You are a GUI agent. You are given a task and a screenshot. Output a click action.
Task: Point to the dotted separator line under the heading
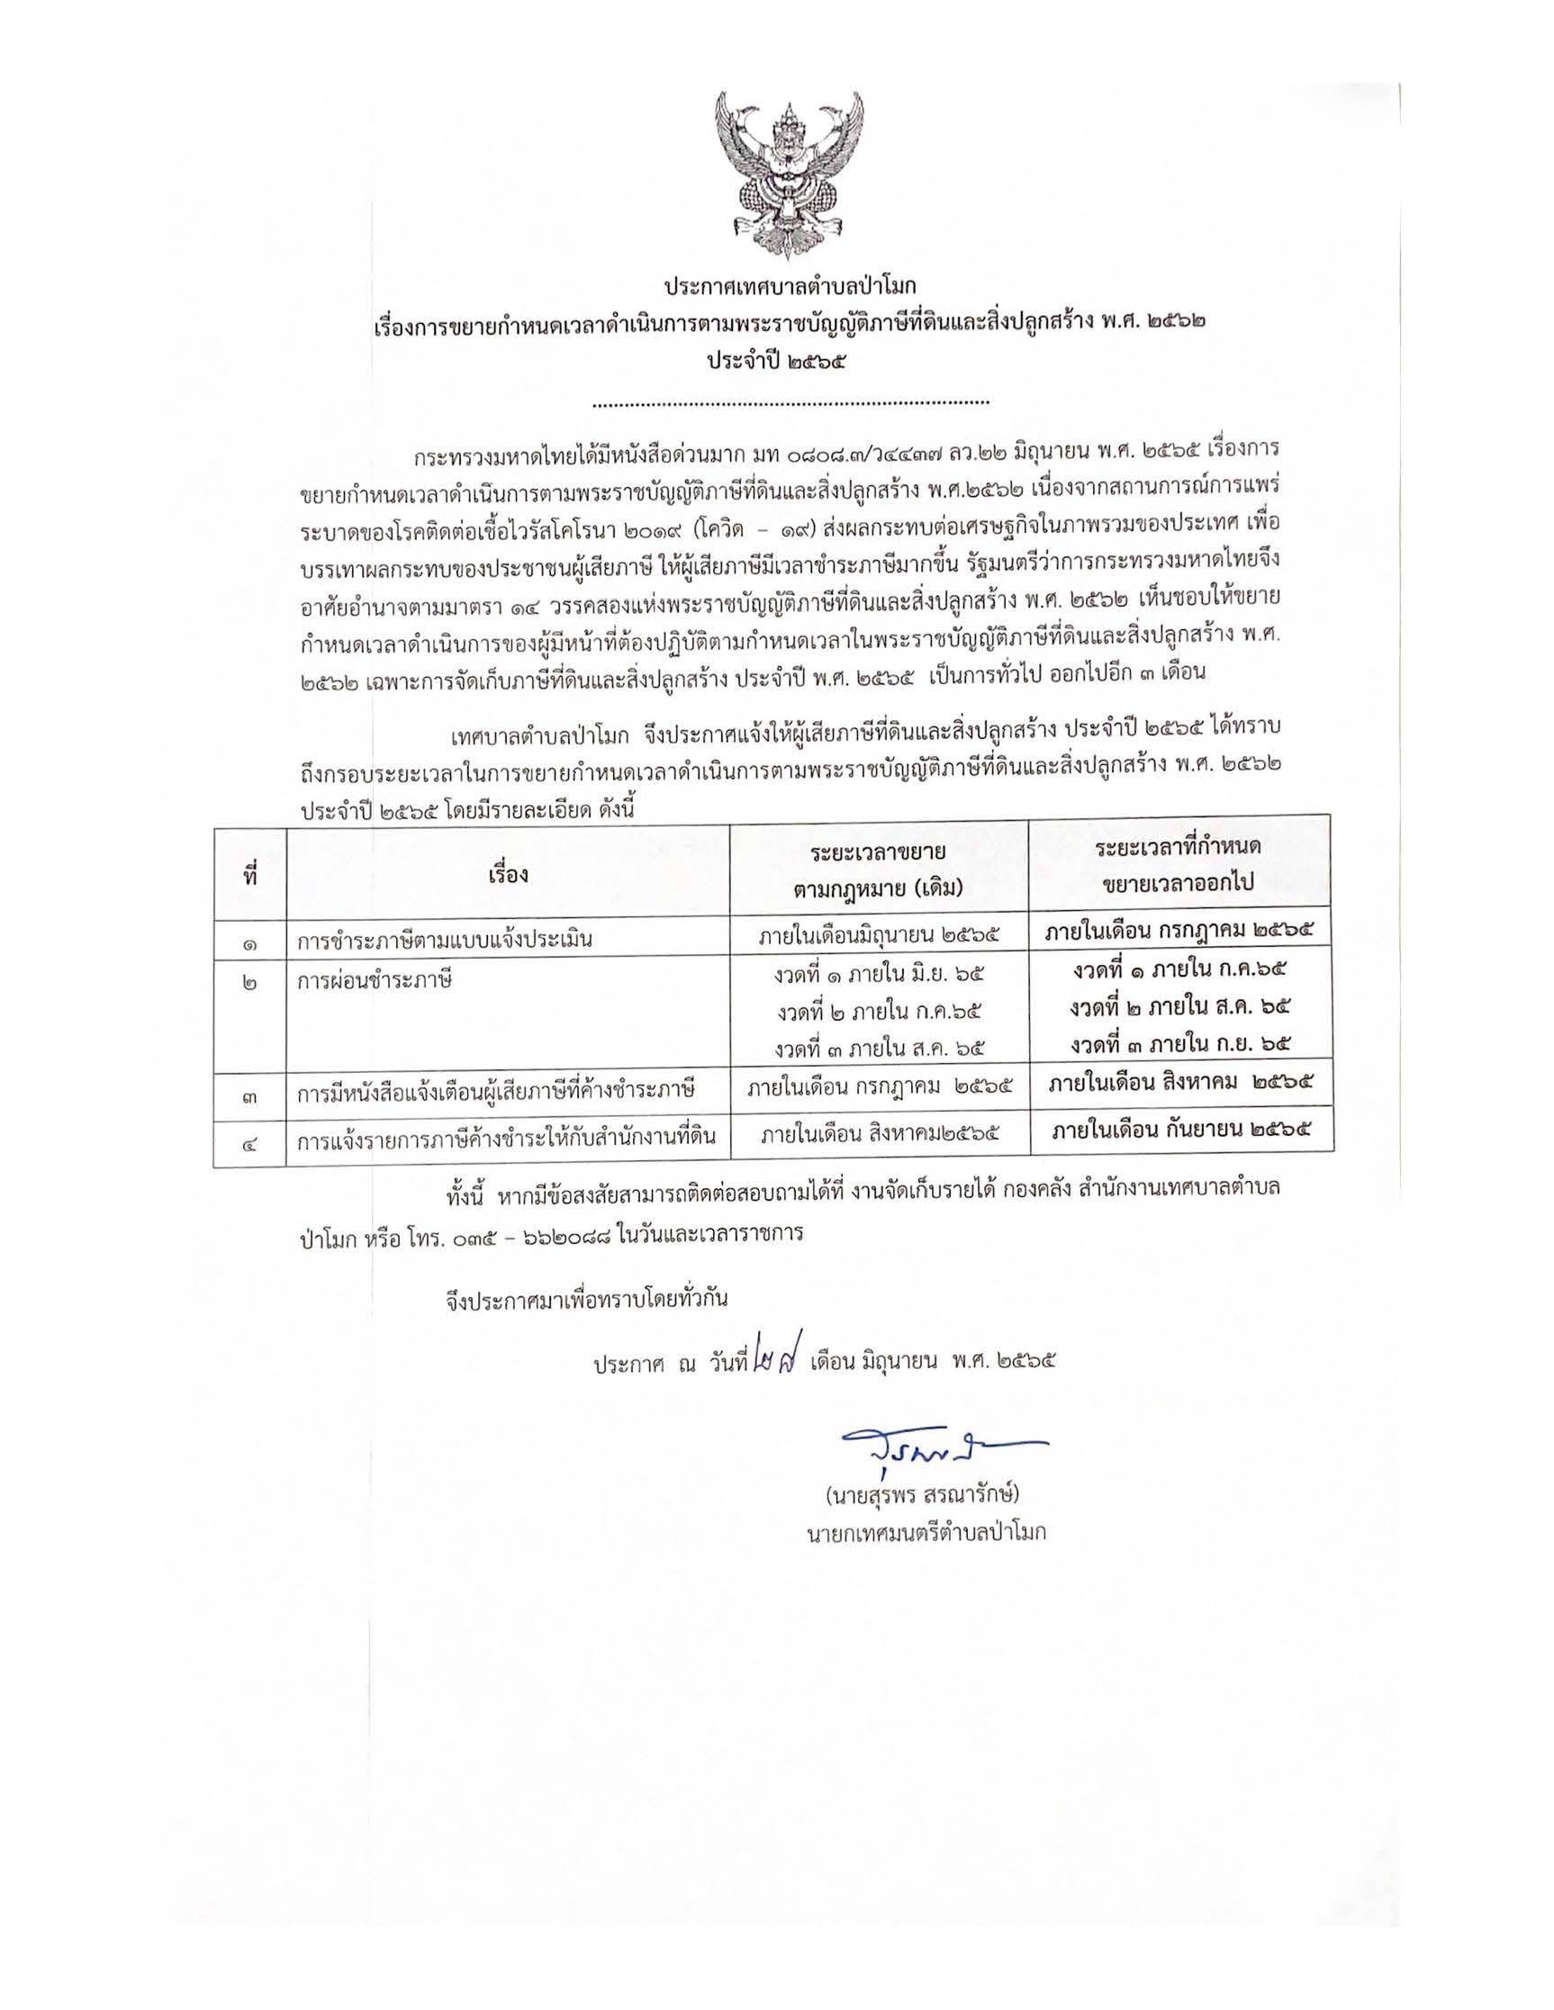pos(790,402)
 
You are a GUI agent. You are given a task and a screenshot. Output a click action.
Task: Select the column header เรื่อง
pos(508,874)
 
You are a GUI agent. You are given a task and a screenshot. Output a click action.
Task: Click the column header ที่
pos(249,875)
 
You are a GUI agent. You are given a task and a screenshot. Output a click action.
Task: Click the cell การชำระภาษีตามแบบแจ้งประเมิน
pos(444,941)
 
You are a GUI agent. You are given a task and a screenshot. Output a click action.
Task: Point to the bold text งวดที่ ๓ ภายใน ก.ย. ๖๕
pos(1179,1044)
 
